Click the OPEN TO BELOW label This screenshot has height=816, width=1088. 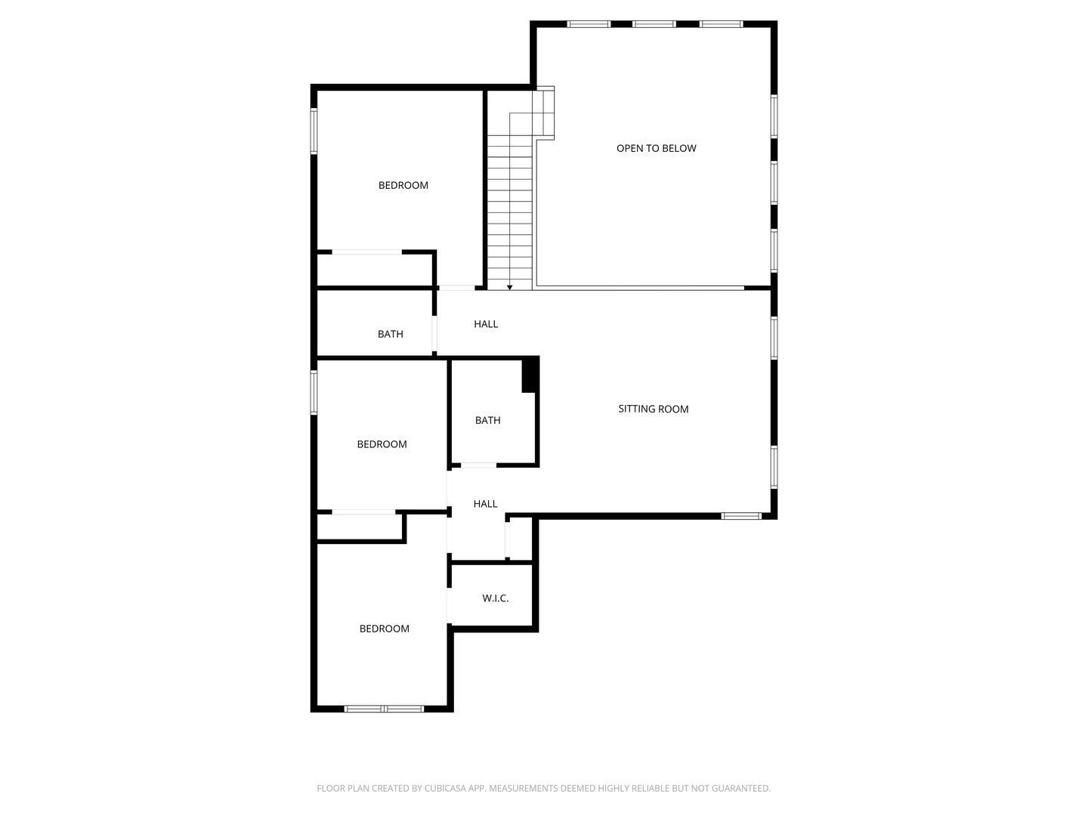pos(656,148)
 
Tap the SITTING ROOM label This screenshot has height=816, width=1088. pos(653,409)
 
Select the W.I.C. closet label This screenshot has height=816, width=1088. pos(495,598)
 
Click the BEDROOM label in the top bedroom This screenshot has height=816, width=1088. pos(403,185)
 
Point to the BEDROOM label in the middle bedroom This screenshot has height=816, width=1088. pos(382,444)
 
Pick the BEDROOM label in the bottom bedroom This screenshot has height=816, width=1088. pos(384,629)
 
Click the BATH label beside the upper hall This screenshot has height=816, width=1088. pos(390,334)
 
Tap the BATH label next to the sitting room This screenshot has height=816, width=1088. pos(487,420)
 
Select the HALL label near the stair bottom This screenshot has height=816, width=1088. pos(485,324)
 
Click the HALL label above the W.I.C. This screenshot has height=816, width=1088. pos(485,504)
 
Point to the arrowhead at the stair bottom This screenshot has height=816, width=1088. pos(510,287)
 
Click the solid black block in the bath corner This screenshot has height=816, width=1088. pos(530,375)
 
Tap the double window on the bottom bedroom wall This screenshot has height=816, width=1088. pos(384,709)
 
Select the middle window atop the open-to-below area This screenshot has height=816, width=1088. pos(654,24)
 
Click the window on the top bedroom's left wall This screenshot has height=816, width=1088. pos(314,131)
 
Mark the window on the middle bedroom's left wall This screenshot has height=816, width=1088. pos(314,392)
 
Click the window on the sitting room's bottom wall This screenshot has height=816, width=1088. pos(740,516)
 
